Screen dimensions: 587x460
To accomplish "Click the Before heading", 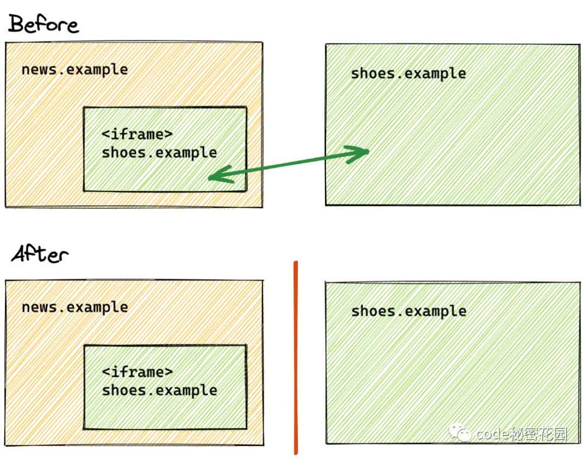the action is click(x=43, y=24).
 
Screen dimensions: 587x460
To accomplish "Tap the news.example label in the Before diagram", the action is click(x=75, y=70).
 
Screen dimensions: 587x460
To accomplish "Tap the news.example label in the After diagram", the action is click(x=75, y=307).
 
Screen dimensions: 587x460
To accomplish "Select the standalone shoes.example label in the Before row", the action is click(x=408, y=73).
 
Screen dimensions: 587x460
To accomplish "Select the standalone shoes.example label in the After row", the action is click(x=409, y=311).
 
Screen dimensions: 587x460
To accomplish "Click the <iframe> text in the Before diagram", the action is click(x=138, y=134).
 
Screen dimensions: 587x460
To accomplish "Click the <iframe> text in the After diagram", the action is click(x=138, y=372).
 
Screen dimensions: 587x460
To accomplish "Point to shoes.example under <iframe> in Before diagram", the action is click(x=159, y=153).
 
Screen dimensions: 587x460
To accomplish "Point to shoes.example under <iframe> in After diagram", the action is click(x=160, y=390).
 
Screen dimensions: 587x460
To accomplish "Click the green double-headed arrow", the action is click(x=288, y=164).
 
